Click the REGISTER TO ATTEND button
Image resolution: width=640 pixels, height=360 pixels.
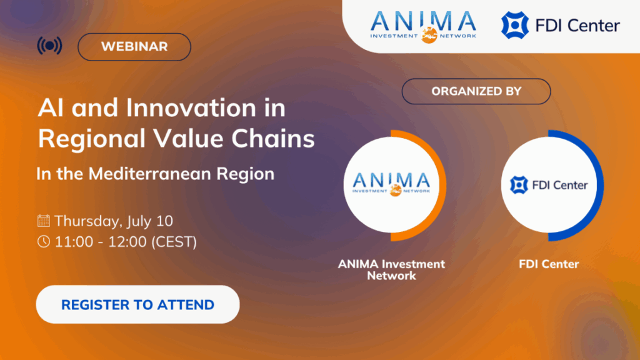[x=137, y=305]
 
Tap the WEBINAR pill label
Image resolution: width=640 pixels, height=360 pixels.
[x=134, y=47]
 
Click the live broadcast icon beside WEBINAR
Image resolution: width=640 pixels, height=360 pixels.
[x=49, y=46]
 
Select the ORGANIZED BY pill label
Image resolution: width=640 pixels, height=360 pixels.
[x=476, y=91]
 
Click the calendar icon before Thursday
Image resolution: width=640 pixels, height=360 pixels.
[x=44, y=221]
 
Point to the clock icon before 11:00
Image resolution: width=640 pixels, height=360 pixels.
[x=44, y=242]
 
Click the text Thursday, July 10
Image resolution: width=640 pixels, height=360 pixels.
[x=113, y=221]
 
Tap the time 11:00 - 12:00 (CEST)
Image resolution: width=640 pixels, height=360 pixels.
[x=125, y=242]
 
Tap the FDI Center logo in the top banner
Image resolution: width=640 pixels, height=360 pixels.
[x=561, y=26]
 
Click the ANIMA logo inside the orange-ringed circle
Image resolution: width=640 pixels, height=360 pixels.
[x=391, y=184]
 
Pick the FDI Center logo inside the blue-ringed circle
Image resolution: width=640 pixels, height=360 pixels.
[x=549, y=185]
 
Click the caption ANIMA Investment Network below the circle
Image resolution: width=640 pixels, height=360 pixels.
[x=391, y=269]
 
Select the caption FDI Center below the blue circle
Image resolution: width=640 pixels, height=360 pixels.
[x=549, y=264]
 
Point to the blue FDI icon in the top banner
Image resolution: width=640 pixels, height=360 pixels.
[x=514, y=26]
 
